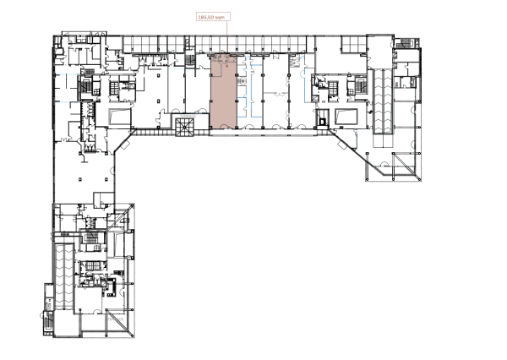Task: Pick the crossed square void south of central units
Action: (183, 126)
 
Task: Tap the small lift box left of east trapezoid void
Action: (324, 121)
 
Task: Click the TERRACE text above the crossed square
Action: (183, 116)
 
